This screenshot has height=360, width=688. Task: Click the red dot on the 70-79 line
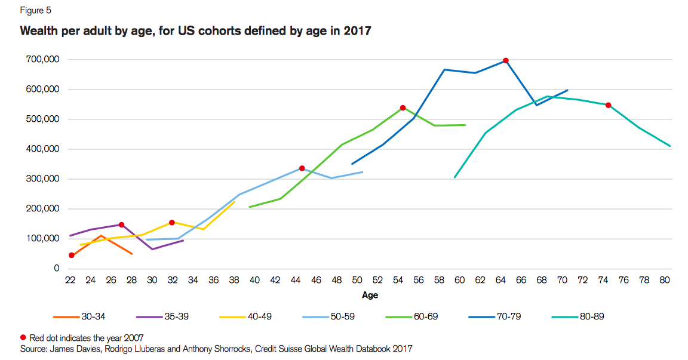pos(505,60)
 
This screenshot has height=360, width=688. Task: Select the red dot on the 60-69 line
pos(403,108)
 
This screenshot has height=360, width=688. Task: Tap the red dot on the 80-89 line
pos(608,105)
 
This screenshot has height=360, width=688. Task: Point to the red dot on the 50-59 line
pos(302,168)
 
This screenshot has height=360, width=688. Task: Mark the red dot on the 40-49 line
pos(172,223)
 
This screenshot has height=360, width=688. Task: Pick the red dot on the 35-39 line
pos(121,225)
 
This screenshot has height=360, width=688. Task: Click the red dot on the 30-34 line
pos(72,256)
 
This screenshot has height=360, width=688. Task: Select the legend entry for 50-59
pos(336,316)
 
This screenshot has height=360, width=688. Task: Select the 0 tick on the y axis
pos(57,269)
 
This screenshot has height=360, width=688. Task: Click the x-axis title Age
pos(370,295)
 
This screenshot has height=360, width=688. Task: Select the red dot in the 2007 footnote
pos(23,337)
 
